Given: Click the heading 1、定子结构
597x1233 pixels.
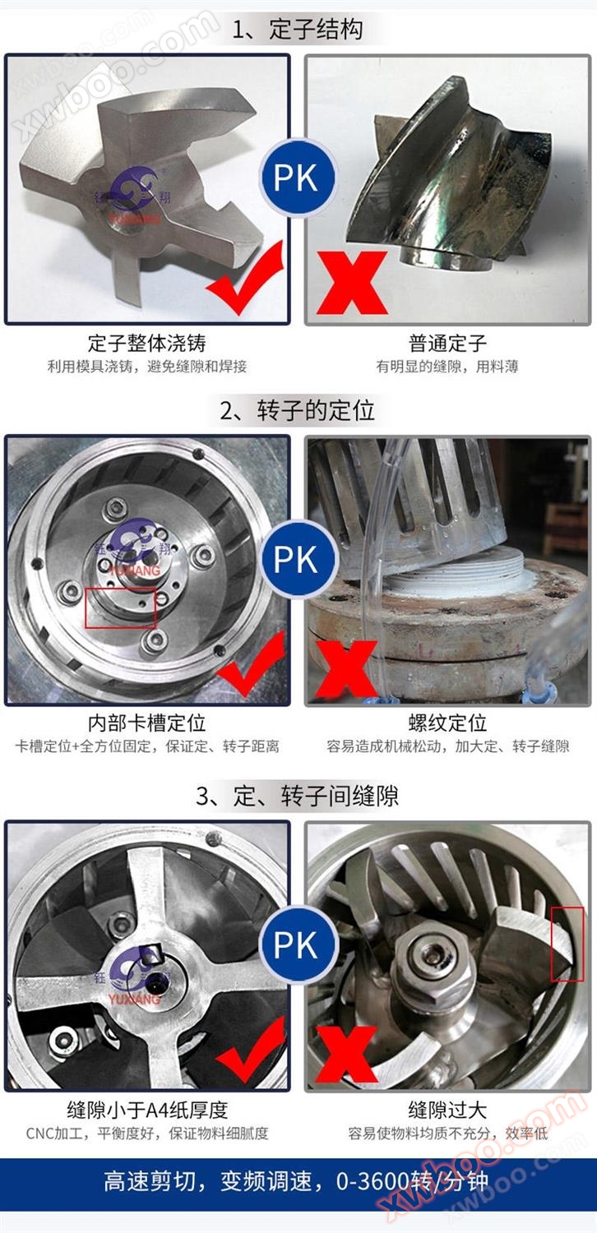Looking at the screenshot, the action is coord(298,29).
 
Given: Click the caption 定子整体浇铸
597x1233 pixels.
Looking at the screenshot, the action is coord(147,343).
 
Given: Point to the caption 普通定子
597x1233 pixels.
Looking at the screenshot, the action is coord(447,343).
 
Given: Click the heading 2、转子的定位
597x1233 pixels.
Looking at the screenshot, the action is coord(298,411).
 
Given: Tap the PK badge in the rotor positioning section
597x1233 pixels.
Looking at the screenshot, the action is coord(298,560).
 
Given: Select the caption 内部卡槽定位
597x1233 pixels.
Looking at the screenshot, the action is coord(147,723).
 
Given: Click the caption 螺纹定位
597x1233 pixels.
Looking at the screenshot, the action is coord(447,723).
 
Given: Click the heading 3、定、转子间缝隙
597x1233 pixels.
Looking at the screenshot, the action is coord(298,796).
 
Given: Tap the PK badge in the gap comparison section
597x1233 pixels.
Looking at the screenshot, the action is coord(298,944).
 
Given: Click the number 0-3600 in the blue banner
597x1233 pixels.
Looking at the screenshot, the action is coord(373,1181).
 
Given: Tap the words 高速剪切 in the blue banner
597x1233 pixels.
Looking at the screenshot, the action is coord(150,1181).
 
